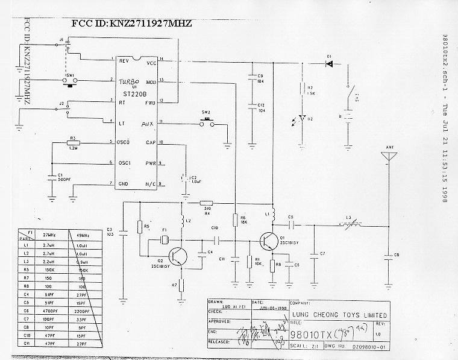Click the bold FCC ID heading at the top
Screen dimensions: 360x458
(x=131, y=24)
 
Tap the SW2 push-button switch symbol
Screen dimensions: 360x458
(x=207, y=124)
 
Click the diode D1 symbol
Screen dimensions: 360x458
(x=329, y=63)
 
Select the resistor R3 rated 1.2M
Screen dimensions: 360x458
(x=72, y=143)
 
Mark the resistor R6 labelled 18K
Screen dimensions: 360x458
(x=234, y=221)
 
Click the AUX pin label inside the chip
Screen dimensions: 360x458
(x=147, y=124)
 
